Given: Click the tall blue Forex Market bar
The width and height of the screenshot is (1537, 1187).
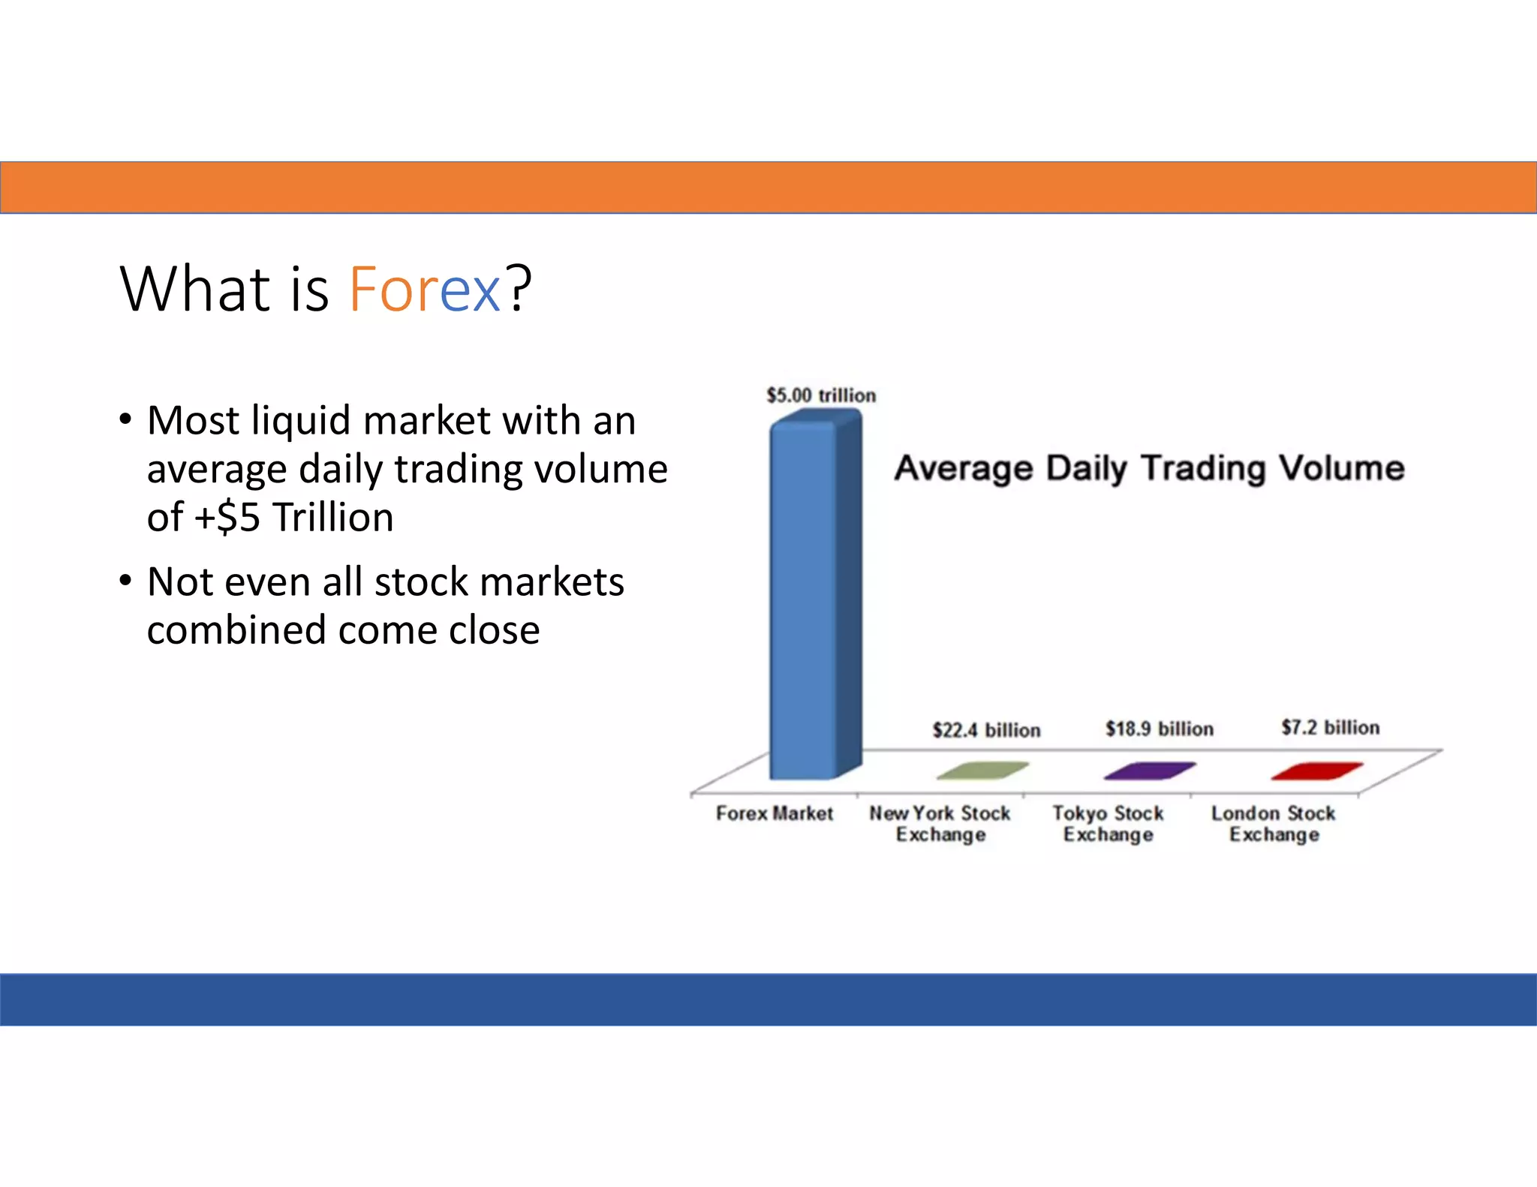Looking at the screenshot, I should point(807,600).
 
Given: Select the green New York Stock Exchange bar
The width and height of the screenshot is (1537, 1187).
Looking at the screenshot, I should point(982,771).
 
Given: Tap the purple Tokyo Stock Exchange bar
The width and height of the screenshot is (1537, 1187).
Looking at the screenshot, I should point(1149,771).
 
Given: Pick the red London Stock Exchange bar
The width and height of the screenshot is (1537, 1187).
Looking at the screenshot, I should point(1316,771).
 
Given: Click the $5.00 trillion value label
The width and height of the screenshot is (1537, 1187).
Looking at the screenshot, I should point(821,395).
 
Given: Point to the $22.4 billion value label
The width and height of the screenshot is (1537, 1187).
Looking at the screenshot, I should point(986,730).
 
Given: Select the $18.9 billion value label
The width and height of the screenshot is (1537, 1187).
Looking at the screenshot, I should point(1159,729).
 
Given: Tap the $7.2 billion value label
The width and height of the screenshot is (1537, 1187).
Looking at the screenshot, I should point(1330,727).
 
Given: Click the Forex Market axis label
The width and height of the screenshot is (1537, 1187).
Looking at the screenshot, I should point(774,813).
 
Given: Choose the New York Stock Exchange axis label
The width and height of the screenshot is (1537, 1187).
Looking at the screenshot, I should point(940,824).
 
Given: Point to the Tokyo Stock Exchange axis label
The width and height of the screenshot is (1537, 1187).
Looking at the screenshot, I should point(1108,824).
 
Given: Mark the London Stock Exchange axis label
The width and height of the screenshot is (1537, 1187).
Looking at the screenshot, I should point(1274,824).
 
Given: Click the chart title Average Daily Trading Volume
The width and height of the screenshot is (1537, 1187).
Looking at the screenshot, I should point(1149,468).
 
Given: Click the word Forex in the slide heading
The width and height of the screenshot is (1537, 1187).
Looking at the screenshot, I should point(424,289).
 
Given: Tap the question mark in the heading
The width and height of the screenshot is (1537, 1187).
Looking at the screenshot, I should point(518,289).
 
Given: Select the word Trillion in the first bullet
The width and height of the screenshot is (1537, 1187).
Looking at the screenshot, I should point(332,518).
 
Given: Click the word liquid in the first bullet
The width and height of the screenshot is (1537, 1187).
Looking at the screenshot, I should point(301,421).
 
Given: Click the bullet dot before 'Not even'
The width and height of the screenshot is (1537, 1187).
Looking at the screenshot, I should point(125,580).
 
